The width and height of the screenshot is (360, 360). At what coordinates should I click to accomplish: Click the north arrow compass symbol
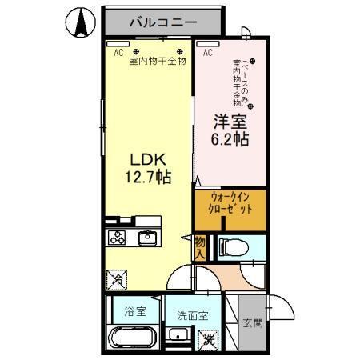[80, 22]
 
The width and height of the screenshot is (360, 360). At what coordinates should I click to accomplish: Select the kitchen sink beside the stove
[147, 238]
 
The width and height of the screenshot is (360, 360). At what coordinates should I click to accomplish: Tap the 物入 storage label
[200, 247]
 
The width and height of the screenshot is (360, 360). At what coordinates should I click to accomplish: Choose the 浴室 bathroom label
[134, 311]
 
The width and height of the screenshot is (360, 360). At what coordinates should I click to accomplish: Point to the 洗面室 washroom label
[192, 315]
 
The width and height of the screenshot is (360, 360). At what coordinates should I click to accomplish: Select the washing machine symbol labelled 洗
[208, 340]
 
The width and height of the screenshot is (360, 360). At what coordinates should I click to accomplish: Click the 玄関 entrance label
[251, 323]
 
